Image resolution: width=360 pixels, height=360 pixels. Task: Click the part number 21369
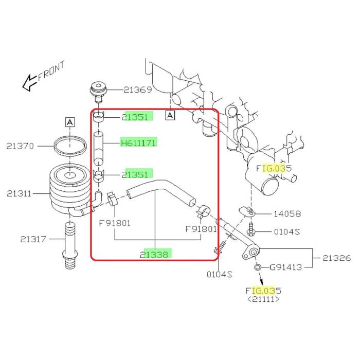(x=138, y=90)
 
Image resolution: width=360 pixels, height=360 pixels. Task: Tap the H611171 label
(x=138, y=142)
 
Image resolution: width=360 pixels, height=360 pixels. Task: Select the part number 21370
(x=20, y=146)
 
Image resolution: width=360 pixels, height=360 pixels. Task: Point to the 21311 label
(x=20, y=194)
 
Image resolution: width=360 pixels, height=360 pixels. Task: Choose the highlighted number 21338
(x=156, y=254)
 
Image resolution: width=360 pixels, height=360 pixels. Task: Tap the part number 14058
(x=287, y=214)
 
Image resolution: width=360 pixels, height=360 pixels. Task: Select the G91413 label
(x=285, y=267)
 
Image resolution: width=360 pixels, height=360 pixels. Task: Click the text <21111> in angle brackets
(x=263, y=299)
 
